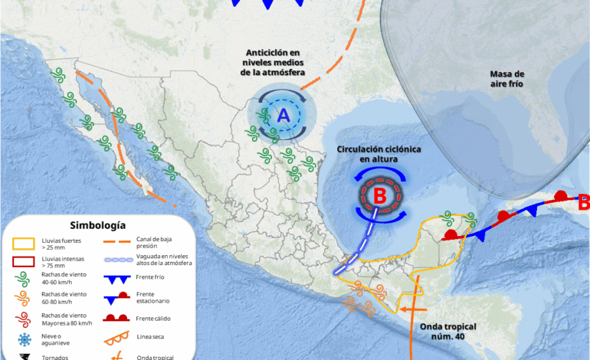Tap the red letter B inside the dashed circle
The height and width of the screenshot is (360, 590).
379,196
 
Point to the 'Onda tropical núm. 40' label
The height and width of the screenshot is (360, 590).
448,331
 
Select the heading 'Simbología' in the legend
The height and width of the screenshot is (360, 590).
97,225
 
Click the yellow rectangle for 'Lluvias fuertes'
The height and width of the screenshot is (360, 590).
24,244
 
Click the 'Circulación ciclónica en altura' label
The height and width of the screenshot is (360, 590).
379,153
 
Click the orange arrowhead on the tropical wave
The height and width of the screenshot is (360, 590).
401,310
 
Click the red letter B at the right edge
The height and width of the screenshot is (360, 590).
583,204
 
